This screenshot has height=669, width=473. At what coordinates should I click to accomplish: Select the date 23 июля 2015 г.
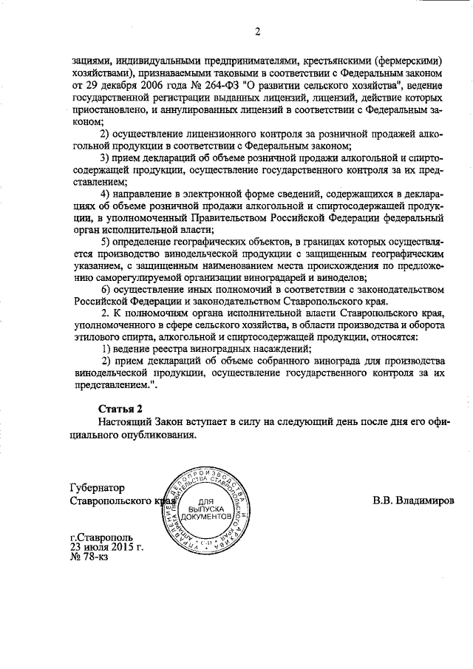[106, 548]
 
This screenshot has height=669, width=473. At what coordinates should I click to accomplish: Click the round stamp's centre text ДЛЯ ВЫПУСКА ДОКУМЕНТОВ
[211, 509]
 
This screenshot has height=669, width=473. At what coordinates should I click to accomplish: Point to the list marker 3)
[106, 158]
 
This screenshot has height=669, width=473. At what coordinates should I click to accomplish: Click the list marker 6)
[106, 288]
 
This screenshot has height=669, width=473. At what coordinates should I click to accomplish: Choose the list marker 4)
[106, 194]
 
